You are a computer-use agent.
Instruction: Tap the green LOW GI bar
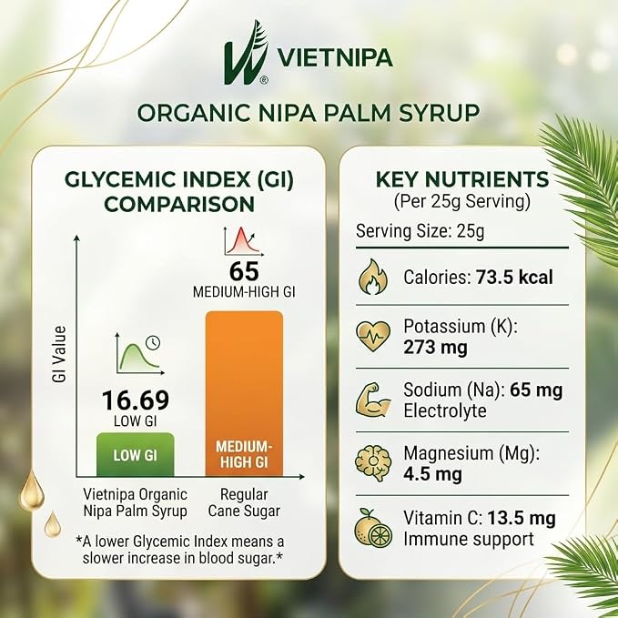coord(136,454)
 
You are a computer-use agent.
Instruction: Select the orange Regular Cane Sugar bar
coord(244,394)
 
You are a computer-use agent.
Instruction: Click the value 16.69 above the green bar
coord(136,400)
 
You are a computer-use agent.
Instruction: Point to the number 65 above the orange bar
coord(244,271)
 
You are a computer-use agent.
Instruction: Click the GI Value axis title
coord(59,354)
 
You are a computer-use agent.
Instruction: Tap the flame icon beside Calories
coord(373,277)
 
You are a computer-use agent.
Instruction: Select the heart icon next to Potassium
coord(373,336)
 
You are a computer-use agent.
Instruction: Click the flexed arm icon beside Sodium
coord(373,400)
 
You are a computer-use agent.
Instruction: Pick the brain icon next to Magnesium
coord(373,463)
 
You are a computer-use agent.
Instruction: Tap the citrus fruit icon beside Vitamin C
coord(373,528)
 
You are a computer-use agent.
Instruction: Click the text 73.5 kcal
coord(514,277)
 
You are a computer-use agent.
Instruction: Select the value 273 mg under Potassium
coord(435,348)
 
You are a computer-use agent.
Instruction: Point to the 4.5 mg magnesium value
coord(432,474)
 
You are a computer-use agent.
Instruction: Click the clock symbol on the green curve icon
coord(153,343)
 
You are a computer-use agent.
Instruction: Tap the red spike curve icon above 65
coord(243,241)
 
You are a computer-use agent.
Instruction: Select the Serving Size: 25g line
coord(420,231)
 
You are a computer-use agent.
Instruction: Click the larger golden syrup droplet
coord(32,490)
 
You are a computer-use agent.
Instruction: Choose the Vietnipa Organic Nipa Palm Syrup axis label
coord(136,502)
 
